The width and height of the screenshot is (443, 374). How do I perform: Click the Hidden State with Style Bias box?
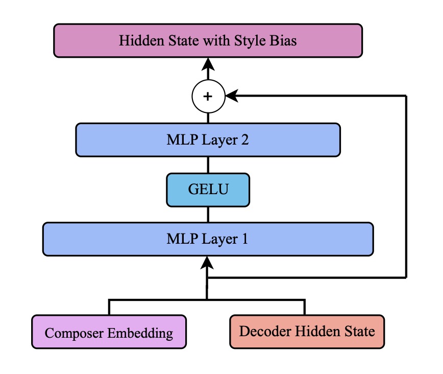(x=208, y=41)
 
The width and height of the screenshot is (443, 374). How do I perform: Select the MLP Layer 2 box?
(x=208, y=140)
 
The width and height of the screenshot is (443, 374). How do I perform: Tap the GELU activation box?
(x=208, y=190)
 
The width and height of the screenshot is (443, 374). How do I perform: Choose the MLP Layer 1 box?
(x=208, y=239)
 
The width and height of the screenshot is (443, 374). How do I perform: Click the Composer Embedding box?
(x=109, y=332)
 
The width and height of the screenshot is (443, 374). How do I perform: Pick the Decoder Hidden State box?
(x=307, y=332)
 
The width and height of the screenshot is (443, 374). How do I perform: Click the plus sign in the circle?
(x=208, y=97)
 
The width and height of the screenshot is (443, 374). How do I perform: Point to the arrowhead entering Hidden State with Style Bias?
(x=208, y=64)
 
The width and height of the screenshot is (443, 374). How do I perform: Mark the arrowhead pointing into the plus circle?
(x=232, y=96)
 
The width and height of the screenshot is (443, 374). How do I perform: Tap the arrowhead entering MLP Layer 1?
(x=207, y=263)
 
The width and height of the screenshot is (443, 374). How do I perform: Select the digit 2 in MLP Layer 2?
(x=244, y=140)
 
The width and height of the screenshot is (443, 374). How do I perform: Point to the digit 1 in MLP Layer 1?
(x=244, y=239)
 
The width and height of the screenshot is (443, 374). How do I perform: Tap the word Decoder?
(x=265, y=331)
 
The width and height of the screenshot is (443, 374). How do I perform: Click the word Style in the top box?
(x=250, y=41)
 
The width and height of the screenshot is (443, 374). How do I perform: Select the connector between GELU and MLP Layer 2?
(x=208, y=165)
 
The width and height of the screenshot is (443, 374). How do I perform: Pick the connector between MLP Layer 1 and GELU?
(x=208, y=215)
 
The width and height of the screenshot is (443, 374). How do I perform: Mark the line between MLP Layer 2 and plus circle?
(x=208, y=118)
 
